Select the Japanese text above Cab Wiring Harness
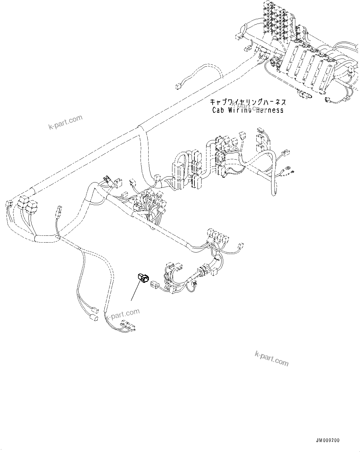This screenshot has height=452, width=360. [x=248, y=102]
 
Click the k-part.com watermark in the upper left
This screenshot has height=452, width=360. [x=66, y=122]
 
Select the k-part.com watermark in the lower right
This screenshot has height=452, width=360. [x=271, y=358]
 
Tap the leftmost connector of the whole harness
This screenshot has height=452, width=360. [x=9, y=204]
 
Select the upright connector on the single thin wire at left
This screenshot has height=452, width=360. [x=58, y=213]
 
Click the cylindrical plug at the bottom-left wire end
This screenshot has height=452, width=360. [x=93, y=318]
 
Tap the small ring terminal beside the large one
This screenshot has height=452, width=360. [x=292, y=172]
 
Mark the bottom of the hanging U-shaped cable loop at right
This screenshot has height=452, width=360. [x=273, y=194]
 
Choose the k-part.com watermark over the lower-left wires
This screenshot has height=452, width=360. [x=123, y=315]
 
